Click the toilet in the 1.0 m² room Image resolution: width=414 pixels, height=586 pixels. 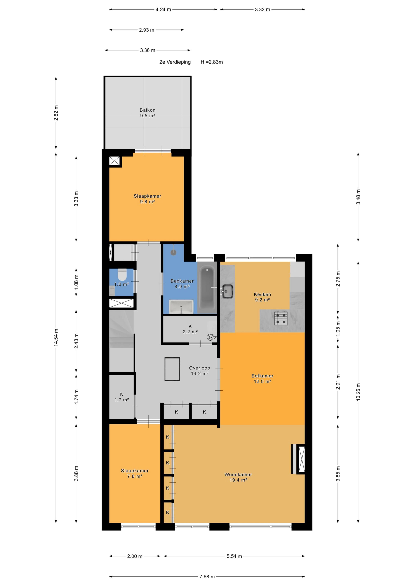pos(122,275)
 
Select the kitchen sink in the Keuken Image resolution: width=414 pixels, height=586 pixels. pos(227,291)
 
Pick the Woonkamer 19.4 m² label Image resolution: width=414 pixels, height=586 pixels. pos(238,477)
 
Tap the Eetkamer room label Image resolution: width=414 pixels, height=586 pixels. pos(262,376)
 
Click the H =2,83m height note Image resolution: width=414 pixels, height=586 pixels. pos(212,62)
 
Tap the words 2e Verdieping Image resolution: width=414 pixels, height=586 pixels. pos(175,62)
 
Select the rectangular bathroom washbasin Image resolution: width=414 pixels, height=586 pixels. pos(181,307)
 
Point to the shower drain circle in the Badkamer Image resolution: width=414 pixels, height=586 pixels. pos(173,252)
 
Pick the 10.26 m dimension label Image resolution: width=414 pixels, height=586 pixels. pos(358,392)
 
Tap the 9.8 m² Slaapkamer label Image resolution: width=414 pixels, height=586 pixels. pos(147,199)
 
